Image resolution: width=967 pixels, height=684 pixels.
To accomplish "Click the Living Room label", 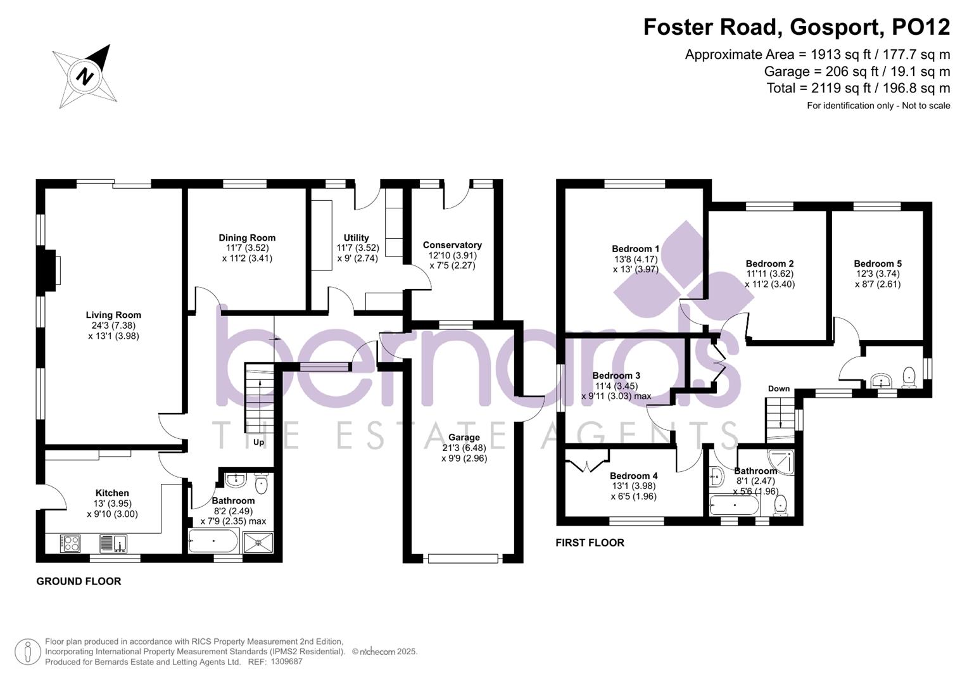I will [113, 315].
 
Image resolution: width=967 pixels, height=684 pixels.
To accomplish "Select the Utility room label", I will [357, 238].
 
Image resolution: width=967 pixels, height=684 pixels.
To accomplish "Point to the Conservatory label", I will [452, 245].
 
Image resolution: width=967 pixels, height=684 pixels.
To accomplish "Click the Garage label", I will [464, 438].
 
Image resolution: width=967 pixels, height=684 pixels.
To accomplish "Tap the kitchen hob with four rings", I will [70, 543].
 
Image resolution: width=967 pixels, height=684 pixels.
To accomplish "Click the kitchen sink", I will [113, 543].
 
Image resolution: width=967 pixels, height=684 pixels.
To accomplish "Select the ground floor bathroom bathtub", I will [213, 541].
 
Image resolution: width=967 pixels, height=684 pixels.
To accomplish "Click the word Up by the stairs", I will [259, 442].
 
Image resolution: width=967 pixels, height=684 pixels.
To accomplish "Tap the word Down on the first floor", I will [779, 389].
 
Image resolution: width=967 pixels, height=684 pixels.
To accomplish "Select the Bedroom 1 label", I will [636, 249].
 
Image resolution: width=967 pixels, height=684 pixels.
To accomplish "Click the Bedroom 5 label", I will [878, 263].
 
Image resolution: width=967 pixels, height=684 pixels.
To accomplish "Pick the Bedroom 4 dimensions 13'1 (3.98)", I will [633, 486].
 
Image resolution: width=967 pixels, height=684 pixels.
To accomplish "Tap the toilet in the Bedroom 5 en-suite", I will [909, 377].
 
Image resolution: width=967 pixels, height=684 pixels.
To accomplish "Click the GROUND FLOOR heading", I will [79, 581].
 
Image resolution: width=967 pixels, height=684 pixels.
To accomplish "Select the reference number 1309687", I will [287, 662].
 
